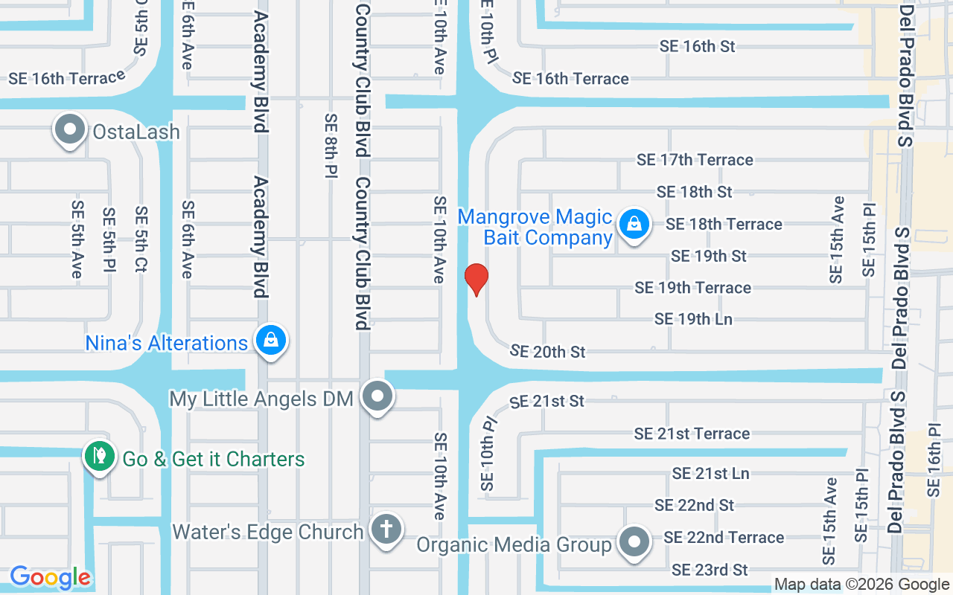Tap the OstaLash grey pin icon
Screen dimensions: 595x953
70,130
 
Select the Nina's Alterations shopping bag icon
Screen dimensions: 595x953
271,341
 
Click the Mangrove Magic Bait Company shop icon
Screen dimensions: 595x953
634,222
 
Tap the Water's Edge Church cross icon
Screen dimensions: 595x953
386,530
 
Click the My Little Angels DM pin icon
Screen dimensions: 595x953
377,396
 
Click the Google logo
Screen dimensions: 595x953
50,577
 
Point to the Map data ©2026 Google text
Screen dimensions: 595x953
861,585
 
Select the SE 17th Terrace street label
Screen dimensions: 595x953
695,160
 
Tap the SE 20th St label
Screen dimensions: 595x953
549,351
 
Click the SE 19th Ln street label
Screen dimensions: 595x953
693,319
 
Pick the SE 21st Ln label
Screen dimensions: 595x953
710,473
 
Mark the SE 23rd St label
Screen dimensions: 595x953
710,570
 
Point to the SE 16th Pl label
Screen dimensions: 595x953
934,460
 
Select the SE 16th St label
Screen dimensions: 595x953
697,46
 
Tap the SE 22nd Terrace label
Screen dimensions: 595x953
724,537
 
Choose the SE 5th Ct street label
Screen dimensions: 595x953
141,239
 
